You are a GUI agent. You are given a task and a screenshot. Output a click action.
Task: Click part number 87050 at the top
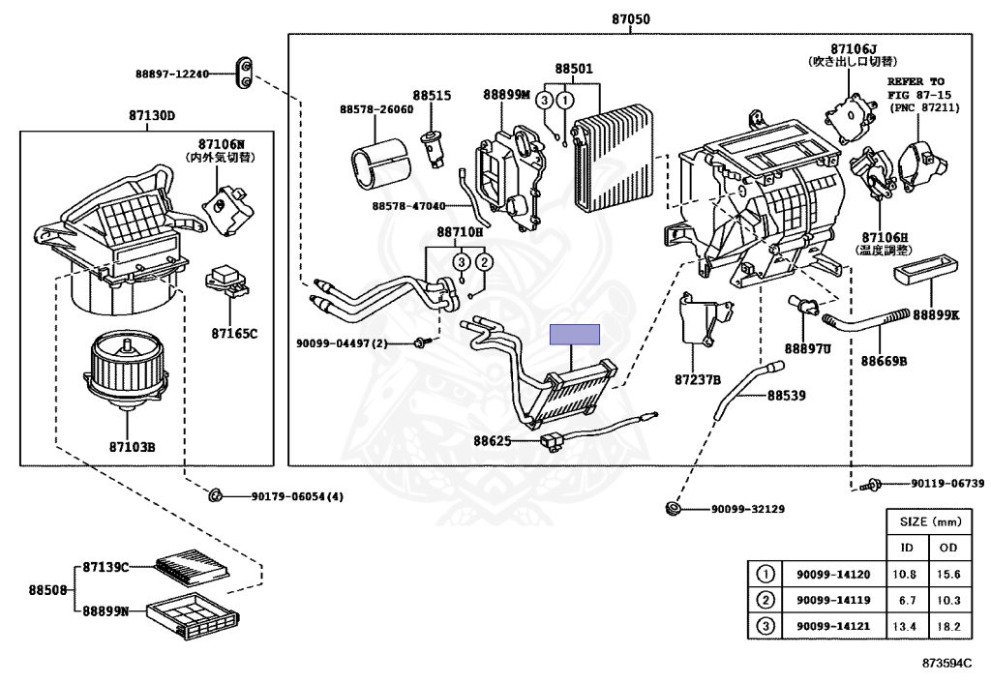pos(630,18)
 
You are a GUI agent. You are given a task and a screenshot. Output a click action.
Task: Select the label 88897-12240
pos(172,74)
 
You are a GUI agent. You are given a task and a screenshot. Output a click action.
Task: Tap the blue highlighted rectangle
pos(575,335)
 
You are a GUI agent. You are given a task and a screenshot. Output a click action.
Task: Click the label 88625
pos(492,441)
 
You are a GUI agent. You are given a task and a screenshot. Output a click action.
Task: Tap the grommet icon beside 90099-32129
pos(674,509)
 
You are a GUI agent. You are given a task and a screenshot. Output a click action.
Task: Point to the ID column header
pos(908,548)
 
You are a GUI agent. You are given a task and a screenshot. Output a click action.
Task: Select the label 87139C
pos(105,566)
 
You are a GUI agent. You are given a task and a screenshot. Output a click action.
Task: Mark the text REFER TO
pos(915,81)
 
